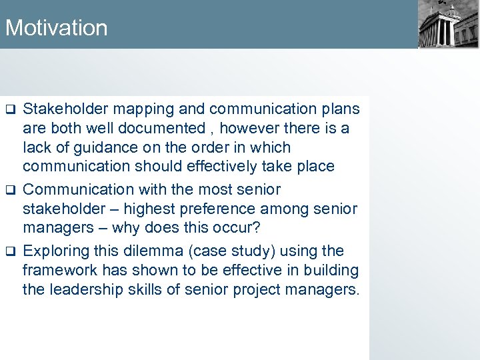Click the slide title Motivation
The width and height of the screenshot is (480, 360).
tap(56, 28)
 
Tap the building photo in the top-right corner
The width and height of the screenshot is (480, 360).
tap(448, 25)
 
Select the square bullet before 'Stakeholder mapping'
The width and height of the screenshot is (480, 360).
tap(10, 109)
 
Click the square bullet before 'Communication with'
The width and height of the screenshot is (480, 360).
tap(10, 191)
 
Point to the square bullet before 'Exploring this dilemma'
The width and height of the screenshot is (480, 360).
tap(10, 252)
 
